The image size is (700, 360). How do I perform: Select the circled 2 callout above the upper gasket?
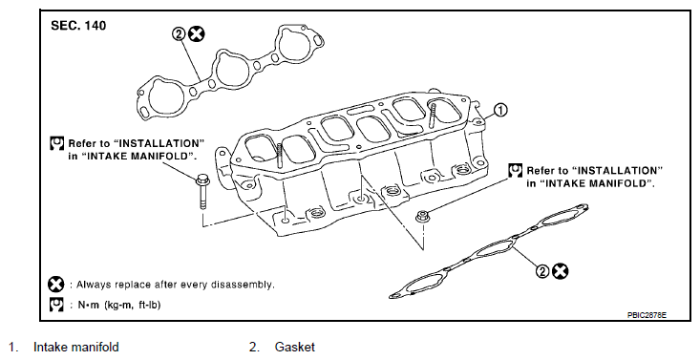(x=178, y=33)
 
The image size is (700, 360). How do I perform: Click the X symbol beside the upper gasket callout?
(x=196, y=33)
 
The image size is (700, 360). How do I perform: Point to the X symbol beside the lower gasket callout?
(x=561, y=270)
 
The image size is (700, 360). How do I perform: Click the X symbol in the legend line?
(x=56, y=285)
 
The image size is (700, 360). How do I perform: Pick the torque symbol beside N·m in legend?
(x=56, y=306)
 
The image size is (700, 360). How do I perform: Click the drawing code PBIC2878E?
(x=648, y=313)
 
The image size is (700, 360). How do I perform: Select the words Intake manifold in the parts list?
(x=75, y=347)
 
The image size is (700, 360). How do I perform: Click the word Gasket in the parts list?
(x=294, y=347)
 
